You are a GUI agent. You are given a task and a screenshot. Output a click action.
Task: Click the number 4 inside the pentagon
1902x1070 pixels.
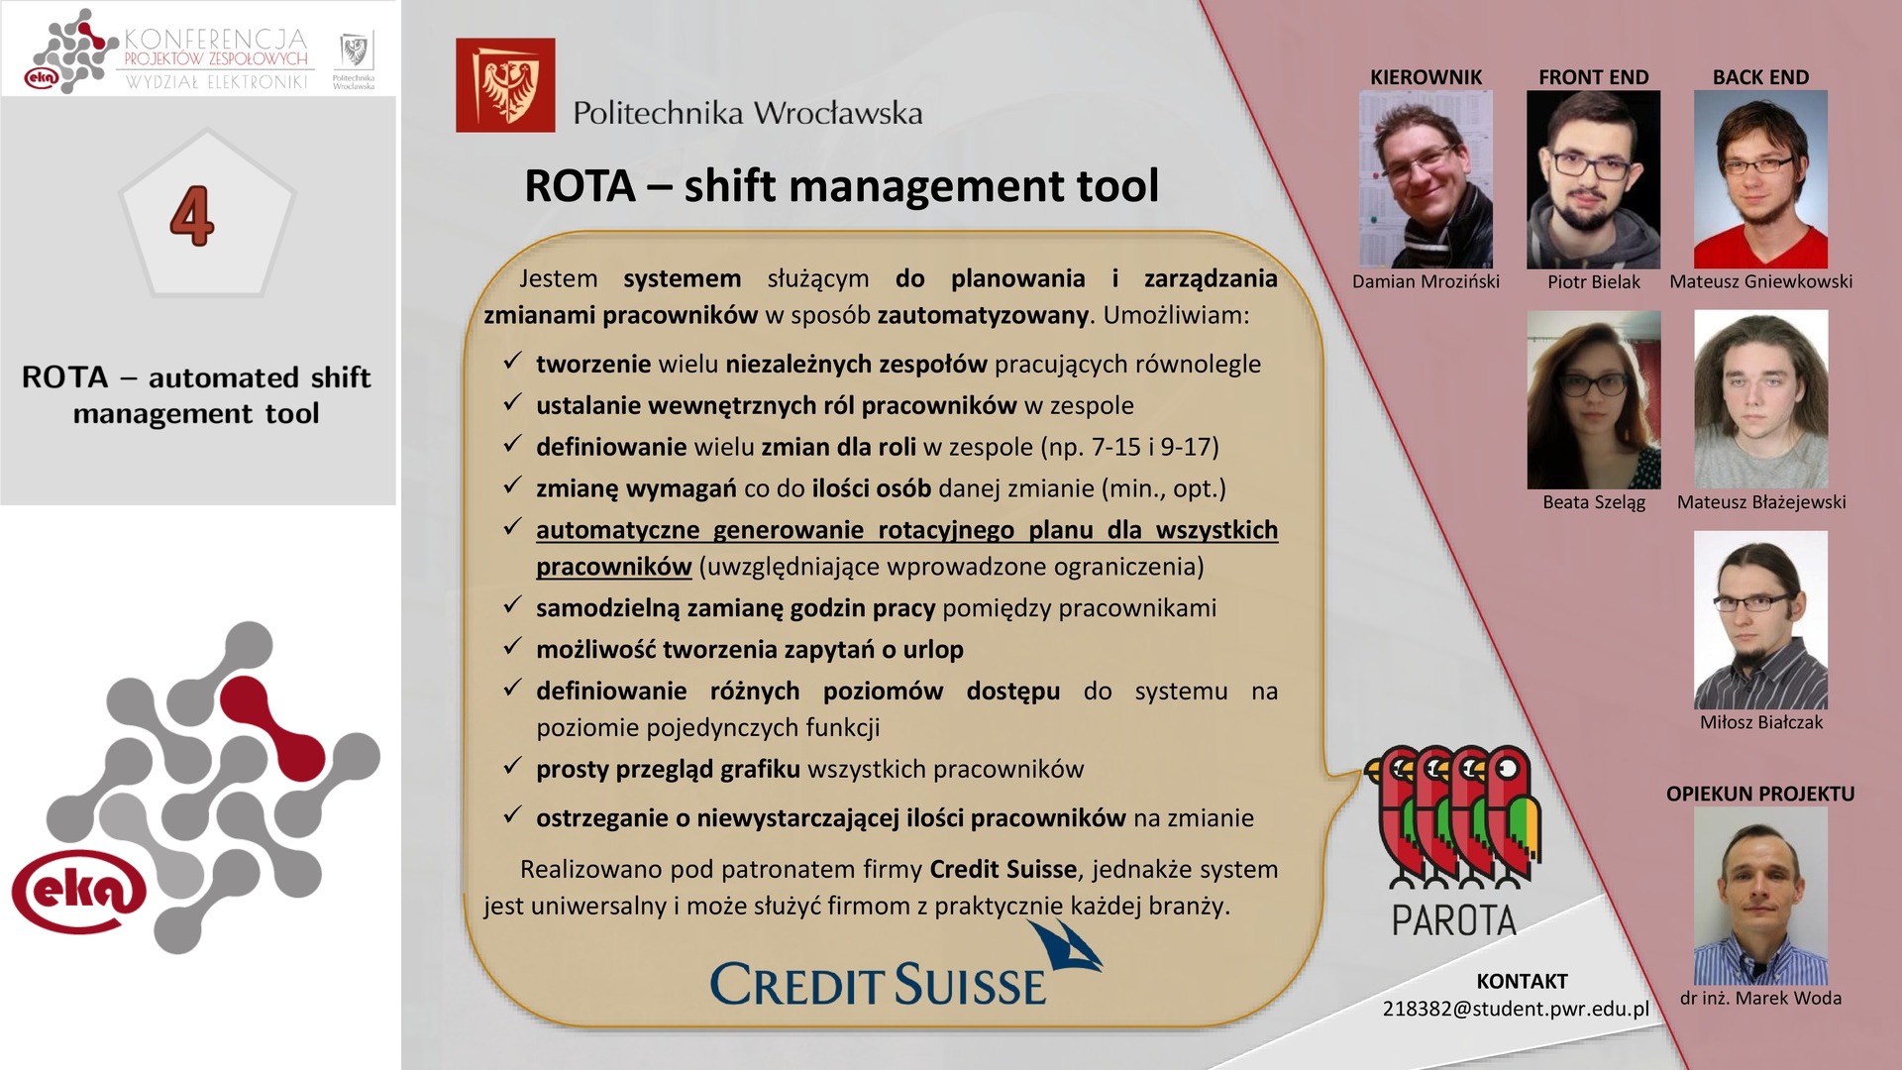click(x=192, y=216)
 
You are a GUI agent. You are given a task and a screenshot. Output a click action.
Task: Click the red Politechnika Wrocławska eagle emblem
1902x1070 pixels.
click(x=505, y=85)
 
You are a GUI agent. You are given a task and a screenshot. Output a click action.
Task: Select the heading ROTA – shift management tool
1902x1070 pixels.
click(x=841, y=185)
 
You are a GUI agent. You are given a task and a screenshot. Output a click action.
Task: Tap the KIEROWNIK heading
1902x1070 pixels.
click(x=1426, y=77)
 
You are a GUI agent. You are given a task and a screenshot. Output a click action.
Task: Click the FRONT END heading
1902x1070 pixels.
click(x=1593, y=77)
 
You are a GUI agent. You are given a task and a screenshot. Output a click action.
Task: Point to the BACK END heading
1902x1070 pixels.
click(x=1760, y=77)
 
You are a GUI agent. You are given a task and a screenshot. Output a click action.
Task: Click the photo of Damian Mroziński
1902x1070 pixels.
click(x=1426, y=179)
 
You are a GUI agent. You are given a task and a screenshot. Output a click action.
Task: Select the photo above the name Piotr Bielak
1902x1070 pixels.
click(x=1593, y=179)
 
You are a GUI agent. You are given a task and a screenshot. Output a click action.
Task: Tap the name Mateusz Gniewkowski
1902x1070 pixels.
click(x=1760, y=281)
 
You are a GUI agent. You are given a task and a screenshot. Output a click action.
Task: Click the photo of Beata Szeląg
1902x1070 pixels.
click(x=1593, y=399)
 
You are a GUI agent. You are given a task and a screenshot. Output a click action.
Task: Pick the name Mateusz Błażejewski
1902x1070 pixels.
click(x=1761, y=502)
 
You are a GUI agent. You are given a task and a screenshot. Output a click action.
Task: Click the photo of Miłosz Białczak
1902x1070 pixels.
click(x=1760, y=620)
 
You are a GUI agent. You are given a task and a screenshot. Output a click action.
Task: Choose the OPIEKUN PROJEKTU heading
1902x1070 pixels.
click(x=1760, y=794)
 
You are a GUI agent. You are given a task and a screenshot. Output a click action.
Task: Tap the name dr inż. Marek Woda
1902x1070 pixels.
click(x=1760, y=999)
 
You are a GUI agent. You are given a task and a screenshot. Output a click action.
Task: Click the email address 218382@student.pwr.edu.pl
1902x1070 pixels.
click(x=1516, y=1009)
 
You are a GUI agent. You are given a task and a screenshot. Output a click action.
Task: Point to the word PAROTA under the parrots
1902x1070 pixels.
click(x=1453, y=920)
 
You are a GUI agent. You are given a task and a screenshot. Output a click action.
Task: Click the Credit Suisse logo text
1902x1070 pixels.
click(x=878, y=985)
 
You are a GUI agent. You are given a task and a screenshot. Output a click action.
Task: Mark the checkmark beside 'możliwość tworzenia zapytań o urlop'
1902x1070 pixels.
click(x=512, y=647)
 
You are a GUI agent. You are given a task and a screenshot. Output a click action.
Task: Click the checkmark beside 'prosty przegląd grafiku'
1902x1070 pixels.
click(x=512, y=767)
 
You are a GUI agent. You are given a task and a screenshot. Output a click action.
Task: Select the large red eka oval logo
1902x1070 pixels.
click(x=79, y=891)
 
